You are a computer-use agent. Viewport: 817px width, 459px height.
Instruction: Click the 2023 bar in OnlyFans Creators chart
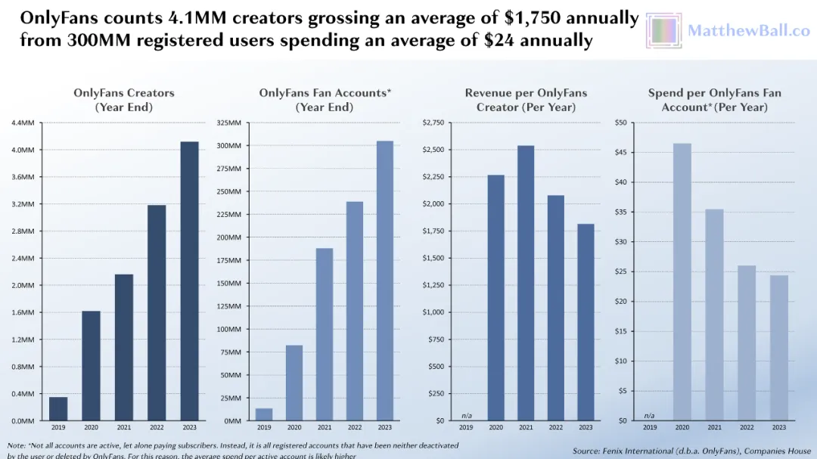point(189,281)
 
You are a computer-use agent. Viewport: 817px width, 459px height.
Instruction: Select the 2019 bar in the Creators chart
point(58,408)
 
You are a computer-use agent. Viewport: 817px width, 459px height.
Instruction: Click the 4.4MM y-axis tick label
point(22,123)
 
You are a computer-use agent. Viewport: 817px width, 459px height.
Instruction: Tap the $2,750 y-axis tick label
point(434,123)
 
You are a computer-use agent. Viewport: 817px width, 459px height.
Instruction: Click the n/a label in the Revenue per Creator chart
point(466,415)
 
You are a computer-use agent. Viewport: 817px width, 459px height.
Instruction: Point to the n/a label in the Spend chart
point(649,415)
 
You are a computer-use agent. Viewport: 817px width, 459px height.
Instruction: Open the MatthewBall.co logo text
point(748,31)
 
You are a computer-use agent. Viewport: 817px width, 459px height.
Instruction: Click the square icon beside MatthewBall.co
point(664,31)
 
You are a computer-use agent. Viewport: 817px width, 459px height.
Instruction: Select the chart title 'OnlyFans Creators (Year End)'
point(124,100)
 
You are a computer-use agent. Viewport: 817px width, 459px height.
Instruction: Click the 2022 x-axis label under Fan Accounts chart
point(354,428)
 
